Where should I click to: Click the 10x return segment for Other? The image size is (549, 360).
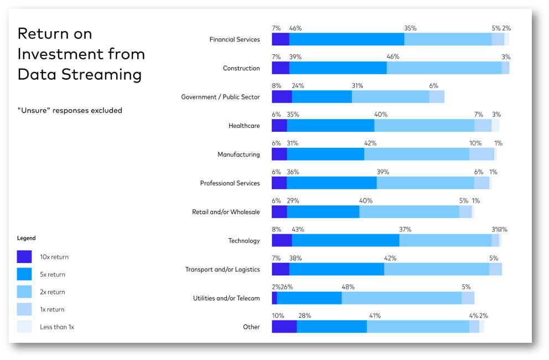(x=284, y=327)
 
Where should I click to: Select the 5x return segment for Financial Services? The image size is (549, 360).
(x=346, y=39)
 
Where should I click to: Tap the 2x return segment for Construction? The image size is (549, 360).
(x=444, y=68)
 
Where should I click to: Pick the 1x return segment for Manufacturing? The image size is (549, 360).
(x=481, y=155)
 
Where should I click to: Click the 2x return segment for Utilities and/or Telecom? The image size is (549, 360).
(x=402, y=298)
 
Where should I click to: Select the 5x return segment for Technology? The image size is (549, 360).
(x=345, y=240)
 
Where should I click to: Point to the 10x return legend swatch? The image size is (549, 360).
(x=24, y=257)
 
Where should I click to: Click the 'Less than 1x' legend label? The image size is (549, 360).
(x=57, y=327)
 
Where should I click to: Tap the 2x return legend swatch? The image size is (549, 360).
(x=24, y=292)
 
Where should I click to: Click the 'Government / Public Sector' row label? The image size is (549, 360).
(x=220, y=97)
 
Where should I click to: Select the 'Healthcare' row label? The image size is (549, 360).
(x=244, y=126)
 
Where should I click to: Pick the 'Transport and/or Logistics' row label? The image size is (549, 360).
(x=222, y=270)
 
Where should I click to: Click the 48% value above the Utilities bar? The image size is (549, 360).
(x=348, y=287)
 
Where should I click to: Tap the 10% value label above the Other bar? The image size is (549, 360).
(x=278, y=316)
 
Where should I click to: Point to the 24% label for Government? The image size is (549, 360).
(x=298, y=86)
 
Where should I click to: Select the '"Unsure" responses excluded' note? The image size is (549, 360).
(x=70, y=110)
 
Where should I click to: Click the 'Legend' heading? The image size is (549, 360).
(x=26, y=238)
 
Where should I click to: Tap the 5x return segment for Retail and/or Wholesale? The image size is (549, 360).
(x=323, y=212)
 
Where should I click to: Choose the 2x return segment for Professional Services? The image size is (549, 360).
(x=425, y=183)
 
